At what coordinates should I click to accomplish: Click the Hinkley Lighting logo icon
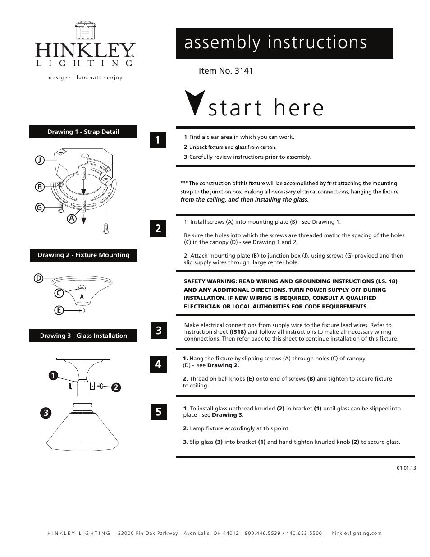click(x=85, y=31)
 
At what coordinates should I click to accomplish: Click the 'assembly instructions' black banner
click(x=284, y=43)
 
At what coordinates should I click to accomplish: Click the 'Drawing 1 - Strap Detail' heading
click(x=83, y=132)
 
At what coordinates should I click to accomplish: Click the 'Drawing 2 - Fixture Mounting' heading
click(x=83, y=255)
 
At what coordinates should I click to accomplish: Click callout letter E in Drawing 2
click(x=58, y=310)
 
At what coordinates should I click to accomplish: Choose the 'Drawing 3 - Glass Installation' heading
click(x=83, y=336)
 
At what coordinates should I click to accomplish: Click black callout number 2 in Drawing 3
click(x=115, y=387)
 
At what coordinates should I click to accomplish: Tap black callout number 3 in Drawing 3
click(x=45, y=412)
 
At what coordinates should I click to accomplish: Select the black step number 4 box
click(x=158, y=364)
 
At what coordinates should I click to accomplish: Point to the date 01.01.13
click(x=406, y=468)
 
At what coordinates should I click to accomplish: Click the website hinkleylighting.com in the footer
click(x=356, y=533)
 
